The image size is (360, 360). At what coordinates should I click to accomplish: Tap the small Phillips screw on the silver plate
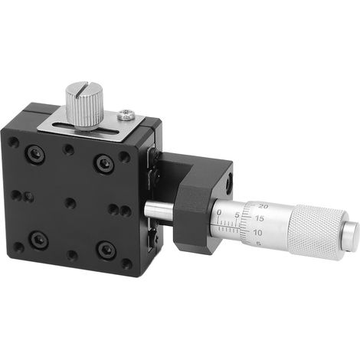tap(126, 114)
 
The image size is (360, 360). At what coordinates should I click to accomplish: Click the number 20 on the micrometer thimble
tap(263, 206)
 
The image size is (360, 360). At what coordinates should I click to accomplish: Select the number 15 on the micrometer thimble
tap(259, 218)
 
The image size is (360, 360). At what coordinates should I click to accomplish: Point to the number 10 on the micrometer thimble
tap(257, 233)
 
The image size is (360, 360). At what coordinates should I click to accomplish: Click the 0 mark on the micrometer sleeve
tap(219, 212)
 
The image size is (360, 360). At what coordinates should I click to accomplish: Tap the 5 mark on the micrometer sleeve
tap(237, 215)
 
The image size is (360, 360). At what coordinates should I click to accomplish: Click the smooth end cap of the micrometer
tap(352, 234)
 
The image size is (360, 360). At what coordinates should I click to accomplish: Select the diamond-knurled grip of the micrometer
tap(317, 232)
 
